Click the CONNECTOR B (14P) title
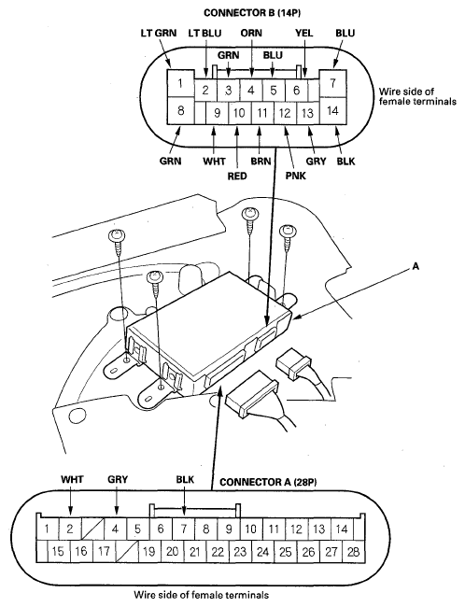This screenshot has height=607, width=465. (252, 13)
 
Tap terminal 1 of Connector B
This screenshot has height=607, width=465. (180, 83)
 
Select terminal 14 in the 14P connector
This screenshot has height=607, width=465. (332, 111)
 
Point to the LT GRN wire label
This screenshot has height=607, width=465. (158, 33)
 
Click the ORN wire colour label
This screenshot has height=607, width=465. (251, 33)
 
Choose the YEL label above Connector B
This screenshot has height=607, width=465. (304, 33)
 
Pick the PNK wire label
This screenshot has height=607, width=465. (296, 176)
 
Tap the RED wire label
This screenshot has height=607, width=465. (237, 176)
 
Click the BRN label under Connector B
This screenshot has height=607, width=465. (261, 161)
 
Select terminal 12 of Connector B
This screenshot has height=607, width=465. (285, 113)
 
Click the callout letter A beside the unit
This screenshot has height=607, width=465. (416, 266)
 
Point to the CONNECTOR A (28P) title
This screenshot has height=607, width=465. (268, 482)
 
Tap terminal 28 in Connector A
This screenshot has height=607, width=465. (354, 552)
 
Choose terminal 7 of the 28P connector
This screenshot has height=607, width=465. (184, 529)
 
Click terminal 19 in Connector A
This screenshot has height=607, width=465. (149, 552)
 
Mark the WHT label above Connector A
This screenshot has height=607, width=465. (72, 480)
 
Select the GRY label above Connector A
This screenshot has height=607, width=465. (118, 480)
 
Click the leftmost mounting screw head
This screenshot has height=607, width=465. (117, 235)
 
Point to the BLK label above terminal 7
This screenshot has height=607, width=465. (185, 480)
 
